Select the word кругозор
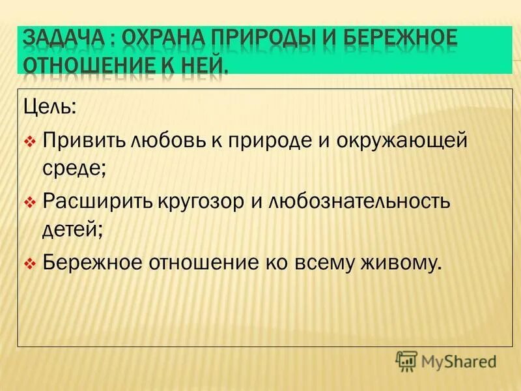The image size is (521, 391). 199,201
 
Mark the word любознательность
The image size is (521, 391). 359,201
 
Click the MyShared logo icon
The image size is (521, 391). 406,359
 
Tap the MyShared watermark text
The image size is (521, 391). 459,360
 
